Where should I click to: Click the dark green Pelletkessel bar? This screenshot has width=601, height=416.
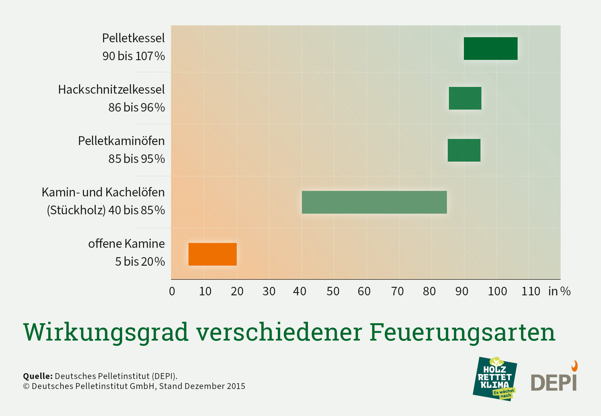click(x=490, y=48)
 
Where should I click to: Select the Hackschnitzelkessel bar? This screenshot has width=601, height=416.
click(x=465, y=98)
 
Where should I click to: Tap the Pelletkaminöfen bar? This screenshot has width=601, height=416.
click(x=464, y=150)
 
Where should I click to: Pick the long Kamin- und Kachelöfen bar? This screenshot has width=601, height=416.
click(x=374, y=202)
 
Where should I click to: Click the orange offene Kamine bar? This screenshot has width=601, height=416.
click(x=212, y=254)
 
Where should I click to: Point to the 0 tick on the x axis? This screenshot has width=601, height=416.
click(x=172, y=291)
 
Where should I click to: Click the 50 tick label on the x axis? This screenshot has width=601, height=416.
click(x=333, y=291)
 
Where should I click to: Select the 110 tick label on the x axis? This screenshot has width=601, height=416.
click(x=530, y=291)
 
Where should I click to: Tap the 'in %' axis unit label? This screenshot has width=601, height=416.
click(x=559, y=291)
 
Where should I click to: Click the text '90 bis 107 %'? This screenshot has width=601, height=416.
click(x=134, y=56)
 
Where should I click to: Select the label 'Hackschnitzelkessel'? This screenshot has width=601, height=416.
click(x=111, y=90)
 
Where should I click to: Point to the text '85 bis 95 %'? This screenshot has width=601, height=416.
click(x=137, y=159)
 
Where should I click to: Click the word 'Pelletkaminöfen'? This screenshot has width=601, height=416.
click(x=121, y=141)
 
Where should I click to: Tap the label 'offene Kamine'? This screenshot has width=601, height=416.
click(x=126, y=244)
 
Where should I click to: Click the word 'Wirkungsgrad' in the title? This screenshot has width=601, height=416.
click(x=106, y=332)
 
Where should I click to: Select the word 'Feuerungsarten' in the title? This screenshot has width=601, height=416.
click(x=462, y=332)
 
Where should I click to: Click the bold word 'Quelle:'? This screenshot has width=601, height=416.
click(x=38, y=376)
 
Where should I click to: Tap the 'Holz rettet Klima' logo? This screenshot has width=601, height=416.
click(x=495, y=379)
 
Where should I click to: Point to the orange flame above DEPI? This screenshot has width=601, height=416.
click(x=574, y=366)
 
